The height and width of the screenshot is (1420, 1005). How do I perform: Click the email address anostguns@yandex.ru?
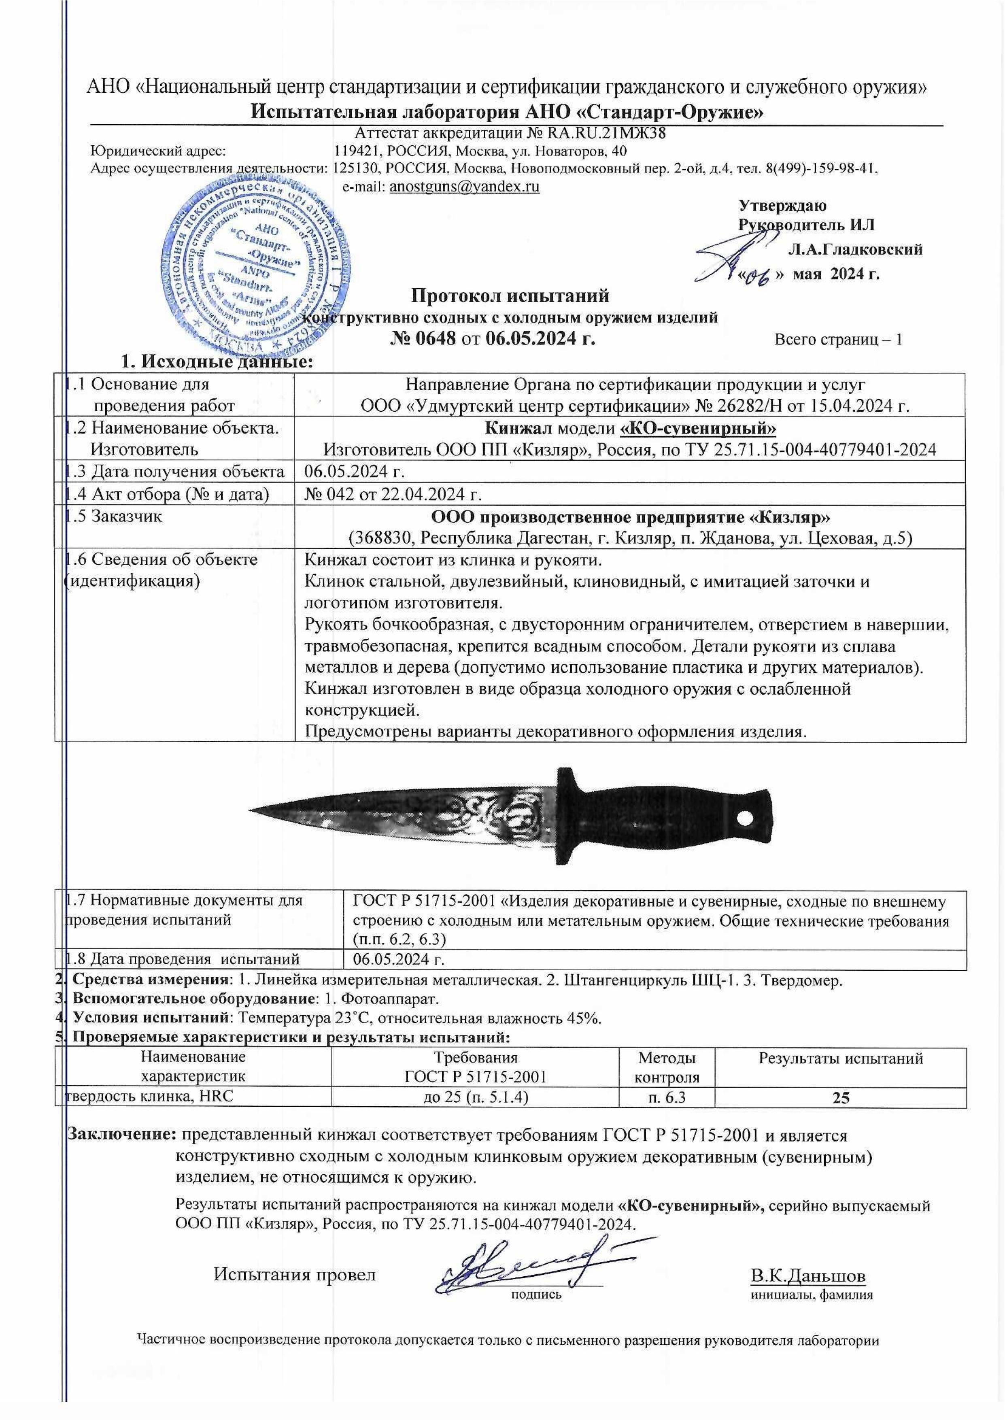point(464,187)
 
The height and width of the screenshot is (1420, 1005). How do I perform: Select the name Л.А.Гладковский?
point(855,249)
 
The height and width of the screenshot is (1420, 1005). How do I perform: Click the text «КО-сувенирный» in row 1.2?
point(698,428)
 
